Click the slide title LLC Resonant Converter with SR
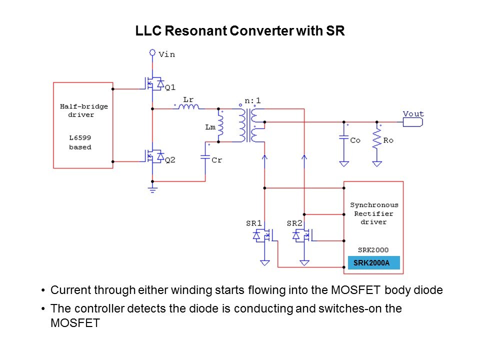tap(240, 31)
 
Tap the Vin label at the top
tap(166, 54)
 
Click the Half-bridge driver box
tap(83, 125)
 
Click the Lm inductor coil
tap(219, 127)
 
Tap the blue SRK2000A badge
tap(373, 263)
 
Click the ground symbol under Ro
tap(377, 163)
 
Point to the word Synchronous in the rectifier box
tap(374, 205)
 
